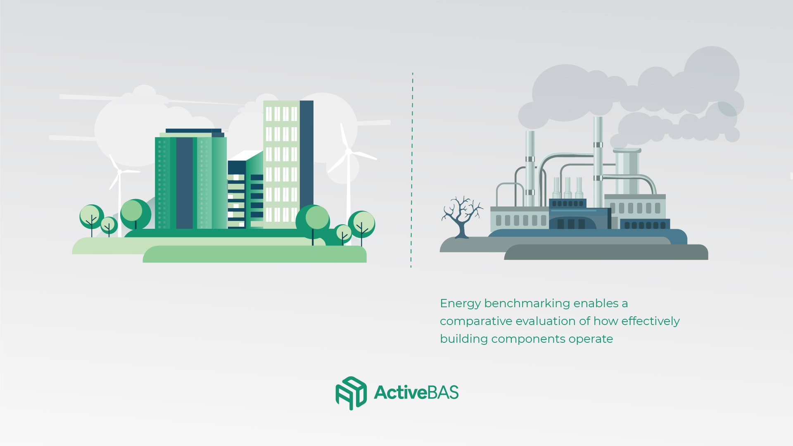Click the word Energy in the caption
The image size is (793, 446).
(461, 304)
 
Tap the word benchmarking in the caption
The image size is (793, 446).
(527, 304)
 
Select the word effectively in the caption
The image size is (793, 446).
(651, 322)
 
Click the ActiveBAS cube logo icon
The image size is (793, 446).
(351, 393)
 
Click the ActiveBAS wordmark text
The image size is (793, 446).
(416, 392)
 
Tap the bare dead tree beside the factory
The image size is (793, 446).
(462, 217)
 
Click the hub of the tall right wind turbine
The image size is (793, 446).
(348, 152)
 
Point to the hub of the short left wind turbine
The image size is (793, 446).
(120, 171)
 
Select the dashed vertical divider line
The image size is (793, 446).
(412, 170)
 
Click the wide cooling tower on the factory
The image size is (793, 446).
(627, 171)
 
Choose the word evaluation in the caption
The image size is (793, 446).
(546, 321)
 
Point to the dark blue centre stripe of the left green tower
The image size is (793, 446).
(184, 183)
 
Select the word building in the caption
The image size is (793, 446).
(464, 339)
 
